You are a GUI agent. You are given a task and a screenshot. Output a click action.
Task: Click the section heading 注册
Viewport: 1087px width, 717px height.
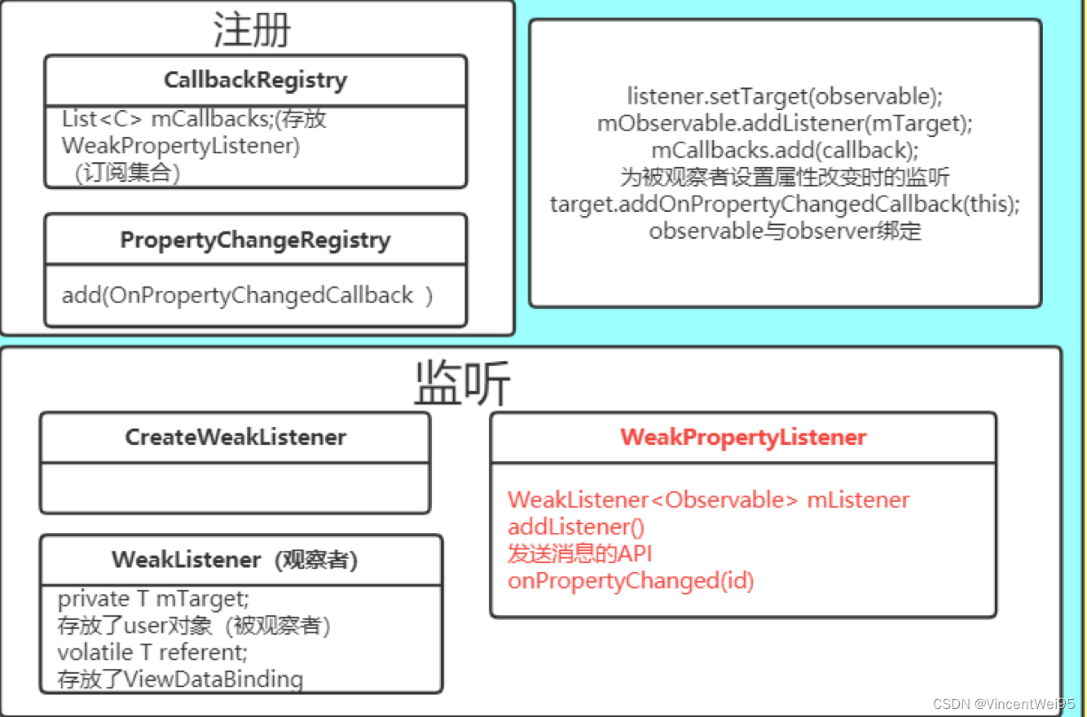[252, 31]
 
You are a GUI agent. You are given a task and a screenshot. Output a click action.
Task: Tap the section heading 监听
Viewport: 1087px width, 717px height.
[461, 383]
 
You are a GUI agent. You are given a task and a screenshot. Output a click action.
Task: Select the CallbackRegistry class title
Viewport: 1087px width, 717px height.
[255, 81]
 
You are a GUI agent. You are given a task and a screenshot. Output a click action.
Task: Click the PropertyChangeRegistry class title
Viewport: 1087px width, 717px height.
[255, 240]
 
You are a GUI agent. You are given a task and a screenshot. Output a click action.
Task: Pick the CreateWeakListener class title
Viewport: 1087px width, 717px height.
[235, 438]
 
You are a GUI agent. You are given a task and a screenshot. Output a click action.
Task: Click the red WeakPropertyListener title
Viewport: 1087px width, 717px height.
[742, 438]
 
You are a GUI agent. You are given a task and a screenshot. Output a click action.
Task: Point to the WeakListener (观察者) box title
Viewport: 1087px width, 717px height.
[235, 561]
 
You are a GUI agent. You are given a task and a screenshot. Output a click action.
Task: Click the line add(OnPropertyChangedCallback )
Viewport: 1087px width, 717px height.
[247, 295]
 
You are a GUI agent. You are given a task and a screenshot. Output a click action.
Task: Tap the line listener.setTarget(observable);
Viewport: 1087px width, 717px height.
[784, 96]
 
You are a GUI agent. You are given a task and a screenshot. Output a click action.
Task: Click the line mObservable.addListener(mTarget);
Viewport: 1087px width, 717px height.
[785, 123]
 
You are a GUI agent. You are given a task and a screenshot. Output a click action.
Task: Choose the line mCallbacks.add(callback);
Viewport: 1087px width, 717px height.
[785, 150]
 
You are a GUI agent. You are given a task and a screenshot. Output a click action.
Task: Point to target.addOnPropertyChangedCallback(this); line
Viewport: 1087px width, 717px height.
[785, 204]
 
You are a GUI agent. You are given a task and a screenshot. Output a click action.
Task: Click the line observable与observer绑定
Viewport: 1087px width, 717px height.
[785, 231]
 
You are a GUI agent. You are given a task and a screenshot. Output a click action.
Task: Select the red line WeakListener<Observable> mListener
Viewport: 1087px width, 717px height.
[708, 499]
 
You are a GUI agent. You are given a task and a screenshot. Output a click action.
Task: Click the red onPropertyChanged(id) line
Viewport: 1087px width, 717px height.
[630, 581]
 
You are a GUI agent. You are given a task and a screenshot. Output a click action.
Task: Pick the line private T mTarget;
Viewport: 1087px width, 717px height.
[152, 599]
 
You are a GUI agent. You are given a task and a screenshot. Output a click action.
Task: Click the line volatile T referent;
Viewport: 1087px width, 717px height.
[152, 653]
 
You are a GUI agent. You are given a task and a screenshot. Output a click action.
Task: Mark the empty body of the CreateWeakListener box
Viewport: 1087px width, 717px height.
[235, 487]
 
